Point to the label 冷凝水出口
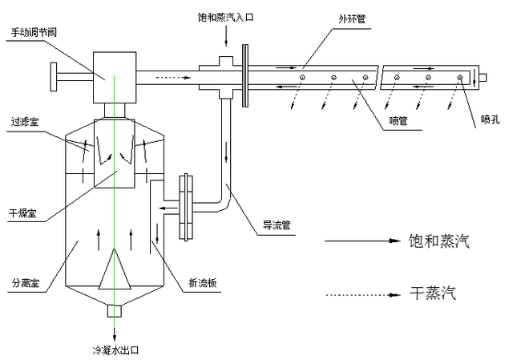(117, 351)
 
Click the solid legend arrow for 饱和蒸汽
(362, 241)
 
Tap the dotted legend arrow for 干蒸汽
(362, 295)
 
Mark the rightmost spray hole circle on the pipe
(461, 78)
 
